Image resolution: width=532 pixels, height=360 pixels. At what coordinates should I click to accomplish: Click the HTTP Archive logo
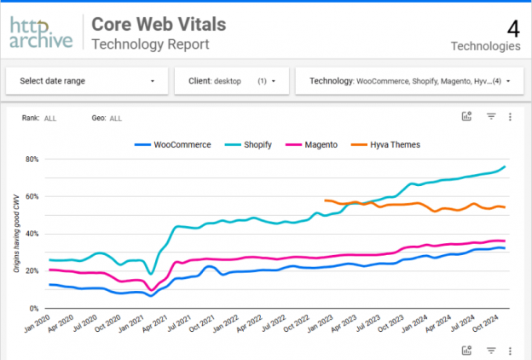pyautogui.click(x=41, y=33)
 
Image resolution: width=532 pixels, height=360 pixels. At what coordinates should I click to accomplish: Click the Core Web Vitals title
pyautogui.click(x=162, y=24)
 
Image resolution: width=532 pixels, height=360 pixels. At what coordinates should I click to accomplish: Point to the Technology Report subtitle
pyautogui.click(x=149, y=44)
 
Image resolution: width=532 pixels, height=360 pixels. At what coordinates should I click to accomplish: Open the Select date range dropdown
pyautogui.click(x=85, y=81)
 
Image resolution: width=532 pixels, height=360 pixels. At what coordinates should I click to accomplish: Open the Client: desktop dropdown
pyautogui.click(x=231, y=81)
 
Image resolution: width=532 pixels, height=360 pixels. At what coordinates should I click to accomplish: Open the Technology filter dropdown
pyautogui.click(x=409, y=81)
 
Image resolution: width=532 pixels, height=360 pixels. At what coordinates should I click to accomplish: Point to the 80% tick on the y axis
pyautogui.click(x=32, y=160)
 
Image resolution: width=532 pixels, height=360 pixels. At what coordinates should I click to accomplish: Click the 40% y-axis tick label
pyautogui.click(x=32, y=234)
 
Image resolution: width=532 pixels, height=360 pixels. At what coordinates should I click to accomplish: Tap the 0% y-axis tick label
pyautogui.click(x=35, y=308)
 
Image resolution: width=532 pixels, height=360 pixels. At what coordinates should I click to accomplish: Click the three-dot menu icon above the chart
pyautogui.click(x=509, y=117)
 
